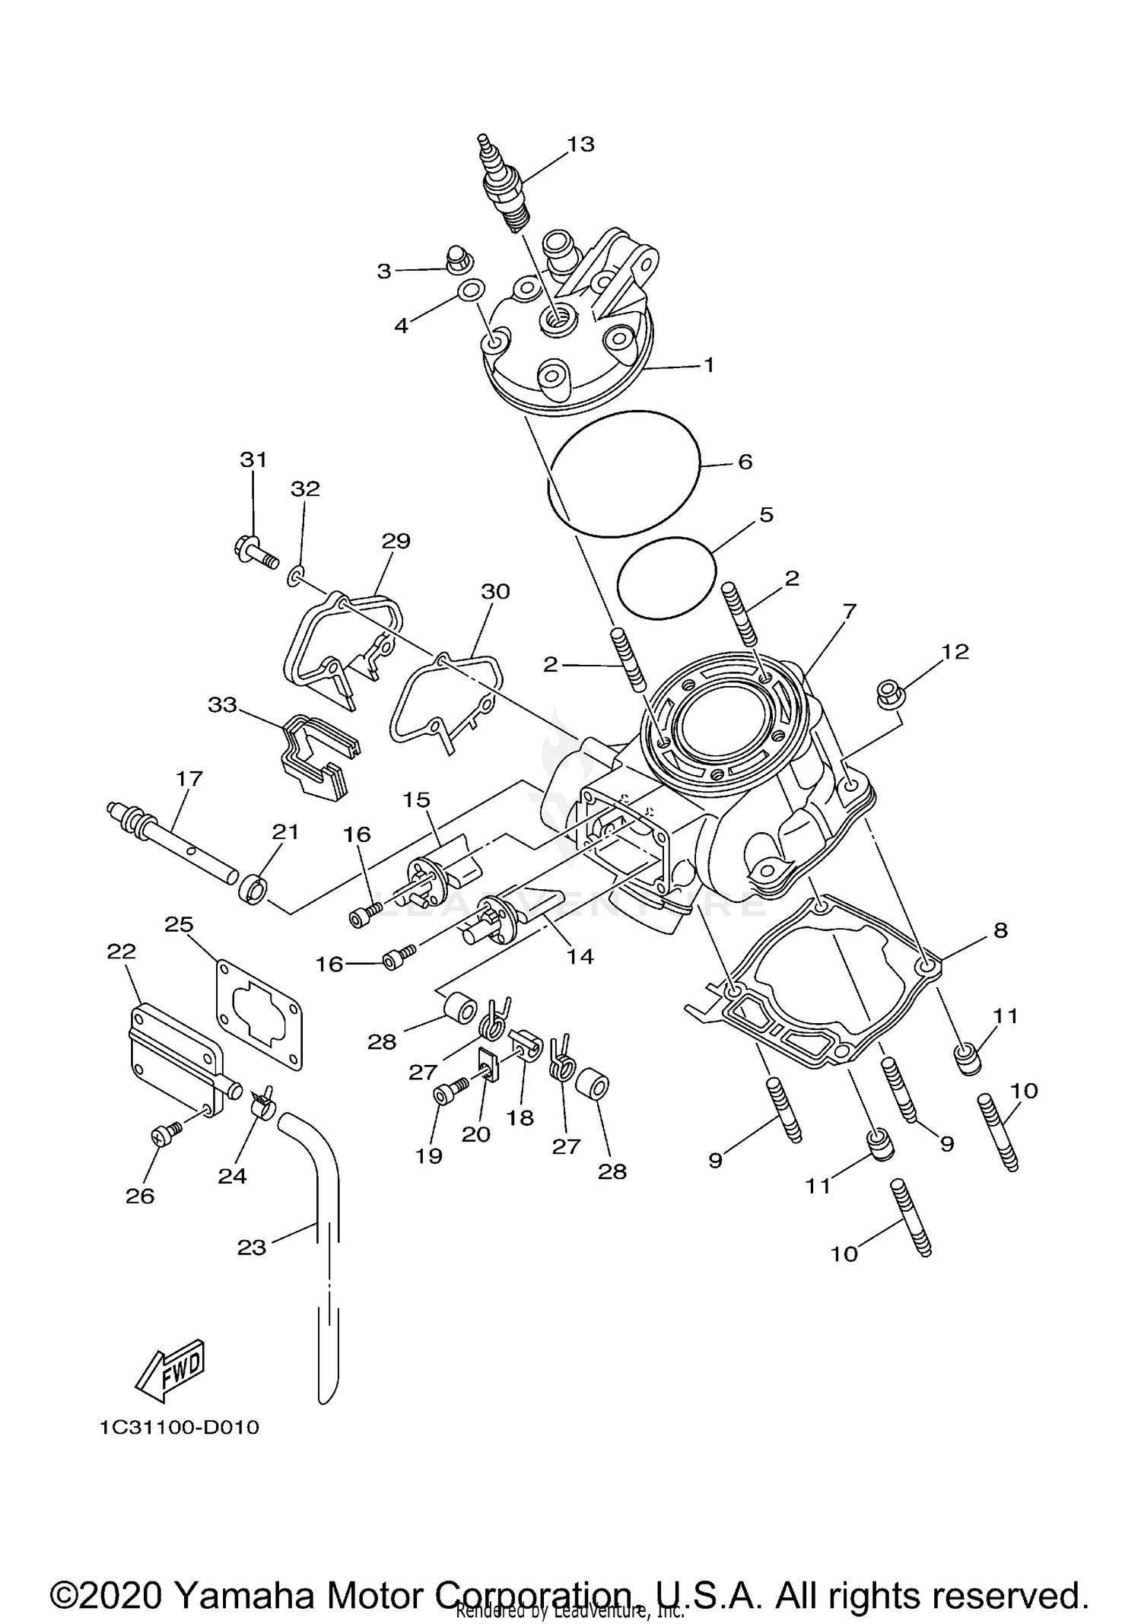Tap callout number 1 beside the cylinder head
pos(709,365)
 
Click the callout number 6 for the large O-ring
pos(745,462)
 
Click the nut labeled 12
pos(887,693)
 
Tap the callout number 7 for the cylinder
pos(850,611)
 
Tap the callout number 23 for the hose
pos(252,1247)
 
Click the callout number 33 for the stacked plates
pos(222,706)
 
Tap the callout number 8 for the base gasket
pos(1000,930)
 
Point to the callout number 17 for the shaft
pos(189,778)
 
